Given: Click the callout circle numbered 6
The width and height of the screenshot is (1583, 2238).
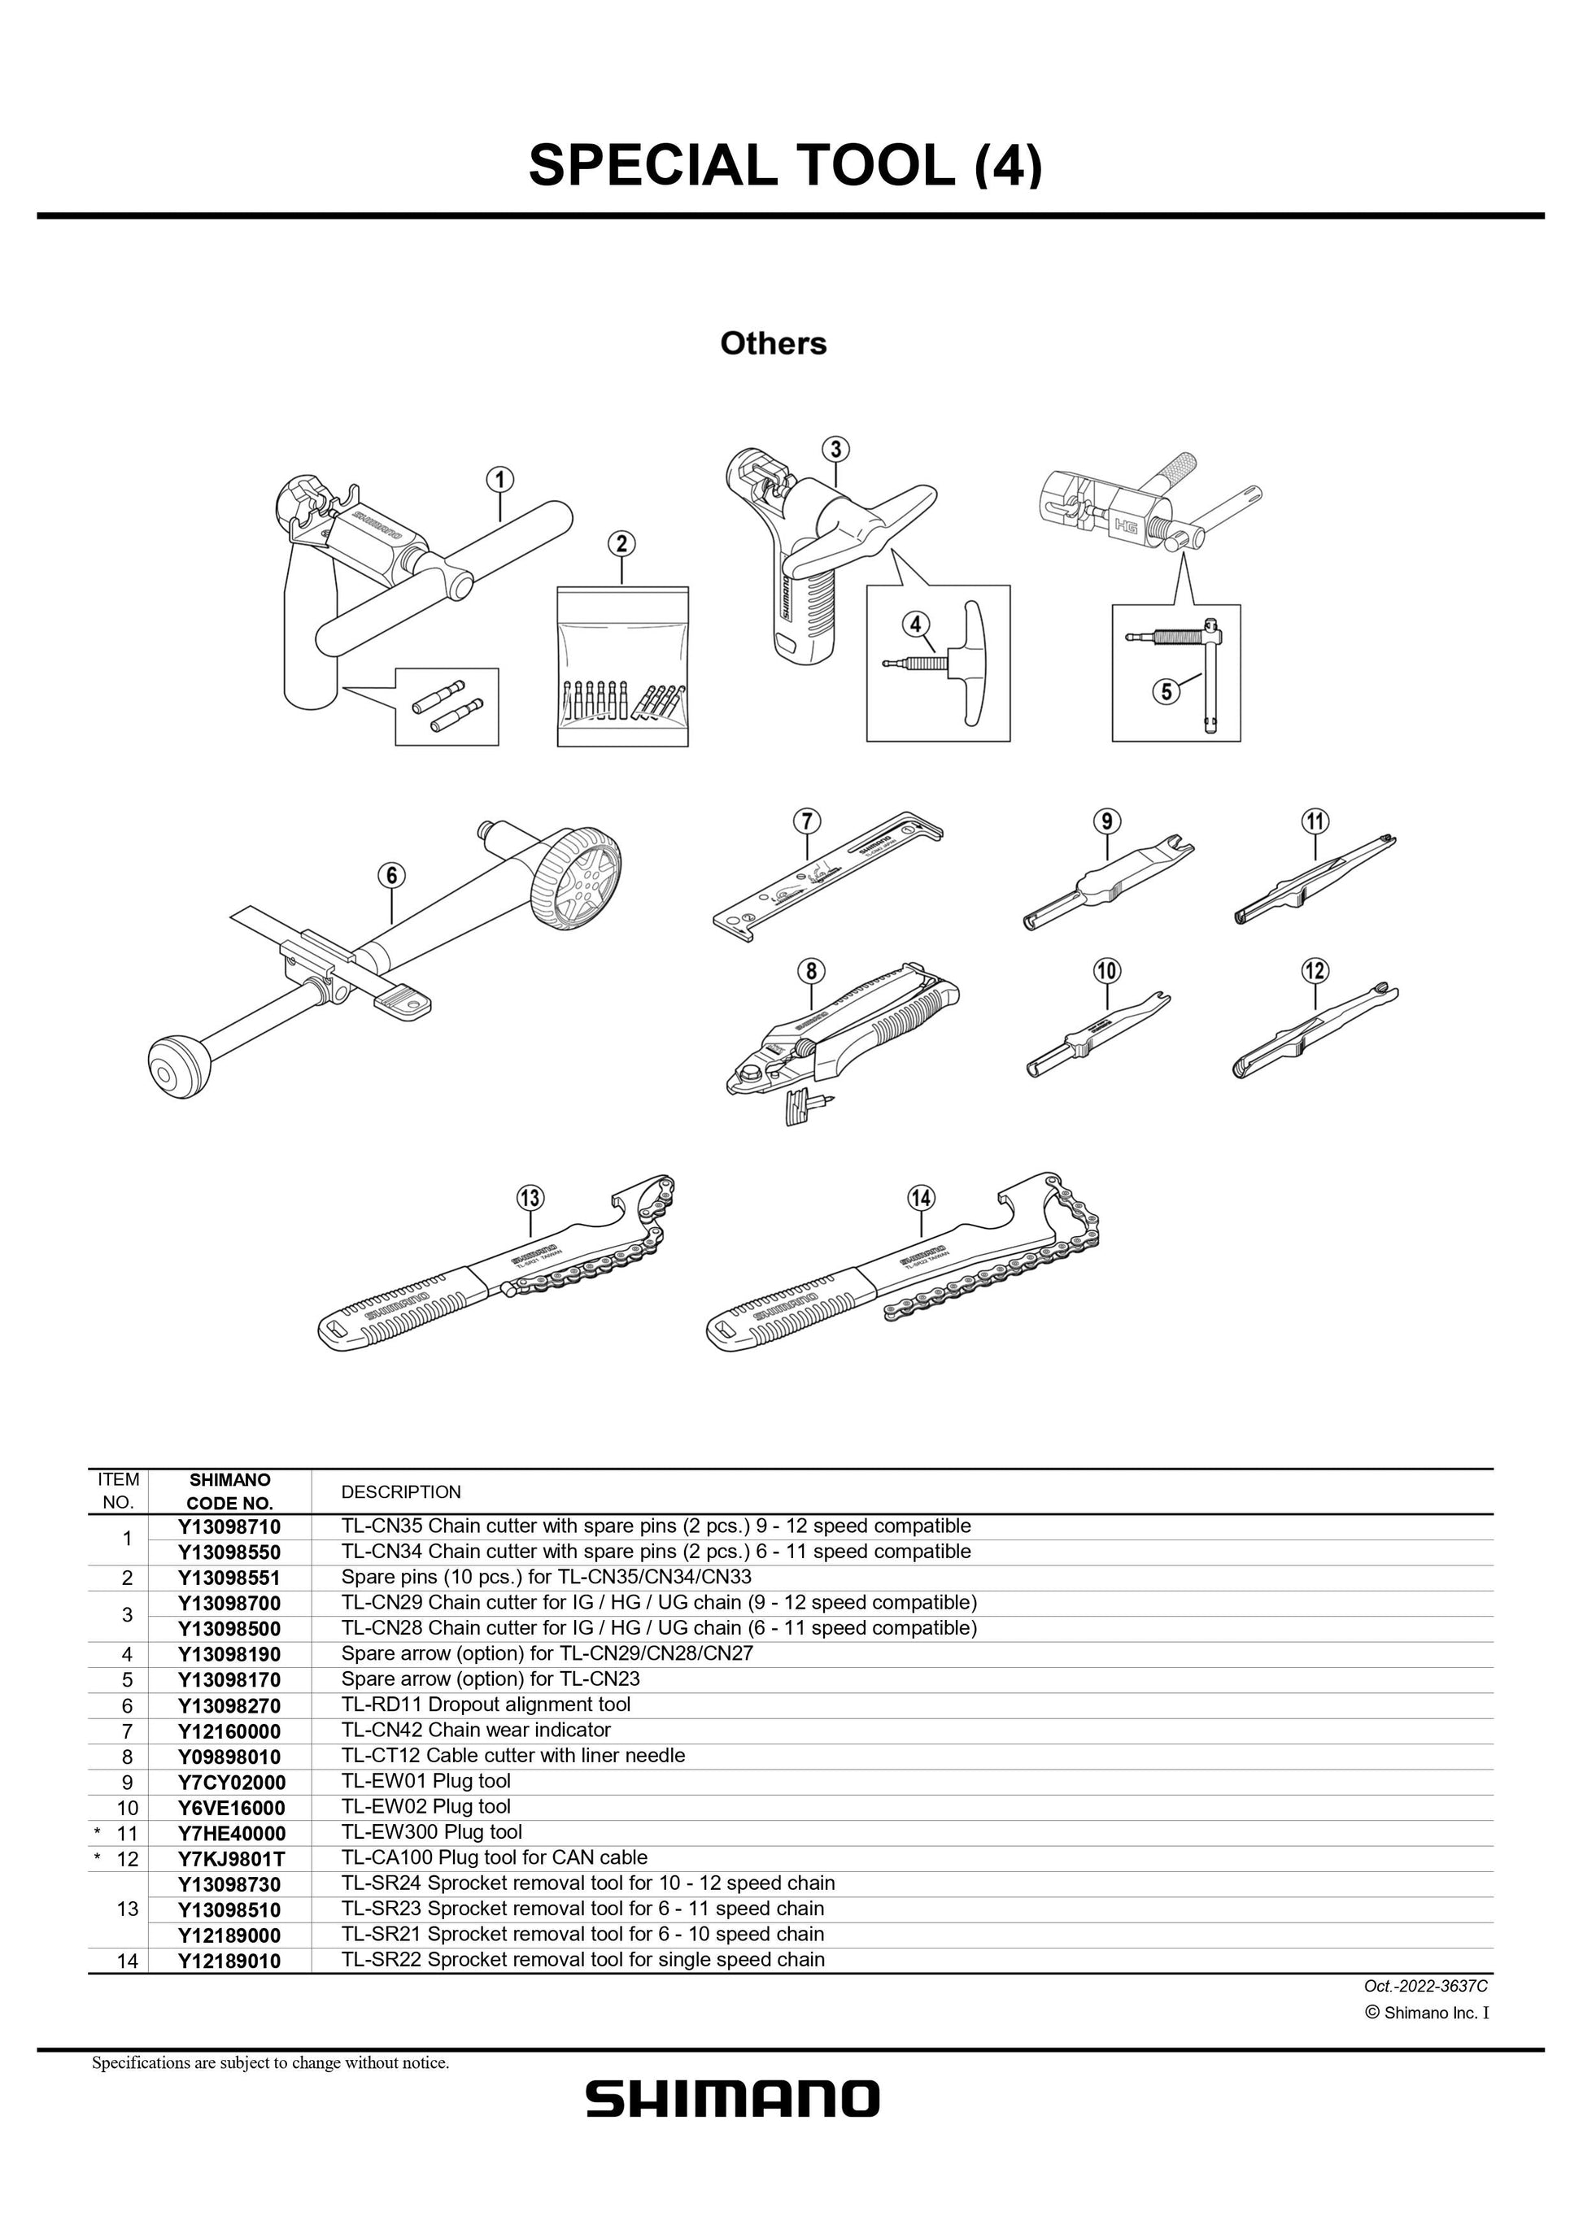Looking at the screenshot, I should point(391,875).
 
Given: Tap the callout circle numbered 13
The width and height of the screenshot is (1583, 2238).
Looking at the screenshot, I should point(530,1198).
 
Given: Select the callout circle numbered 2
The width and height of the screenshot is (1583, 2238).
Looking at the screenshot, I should point(621,544).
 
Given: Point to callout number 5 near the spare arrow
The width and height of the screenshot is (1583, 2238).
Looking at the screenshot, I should point(1167,691).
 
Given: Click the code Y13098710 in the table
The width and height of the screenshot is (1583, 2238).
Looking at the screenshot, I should point(229,1526).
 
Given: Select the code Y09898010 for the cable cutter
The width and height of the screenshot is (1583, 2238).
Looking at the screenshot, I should point(229,1757).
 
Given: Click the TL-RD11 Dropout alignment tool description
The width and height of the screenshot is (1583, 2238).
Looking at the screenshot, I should point(486,1705).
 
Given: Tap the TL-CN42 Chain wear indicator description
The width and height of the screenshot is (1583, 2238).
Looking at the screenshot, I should point(476,1731).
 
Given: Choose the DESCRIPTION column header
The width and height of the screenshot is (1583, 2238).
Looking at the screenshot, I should point(400,1492).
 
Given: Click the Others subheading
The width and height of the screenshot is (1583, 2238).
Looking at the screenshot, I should point(773,343).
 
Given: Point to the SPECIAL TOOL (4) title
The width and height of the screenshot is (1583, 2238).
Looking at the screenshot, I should point(785,165).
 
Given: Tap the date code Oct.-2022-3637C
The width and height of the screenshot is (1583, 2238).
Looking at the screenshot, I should point(1425,1986).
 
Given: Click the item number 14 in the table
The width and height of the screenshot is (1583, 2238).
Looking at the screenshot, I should point(127,1960).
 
